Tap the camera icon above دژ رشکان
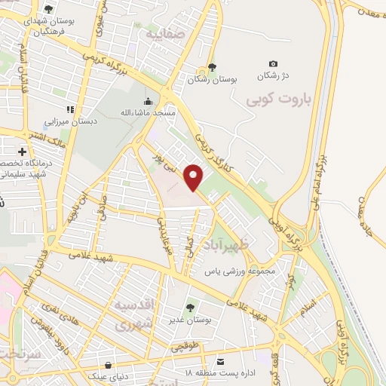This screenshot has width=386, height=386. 273,64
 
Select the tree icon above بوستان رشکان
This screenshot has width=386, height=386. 212,67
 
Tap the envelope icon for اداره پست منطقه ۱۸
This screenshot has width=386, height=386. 219,362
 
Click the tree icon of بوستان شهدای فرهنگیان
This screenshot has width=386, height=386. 49,10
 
